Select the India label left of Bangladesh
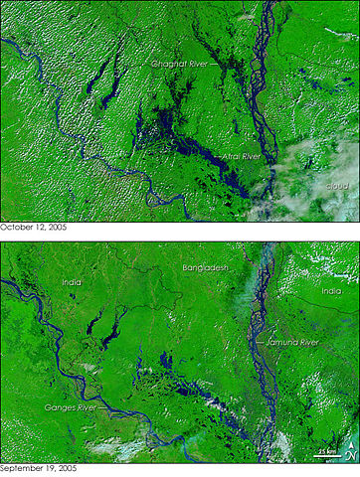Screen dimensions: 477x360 [71, 281]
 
